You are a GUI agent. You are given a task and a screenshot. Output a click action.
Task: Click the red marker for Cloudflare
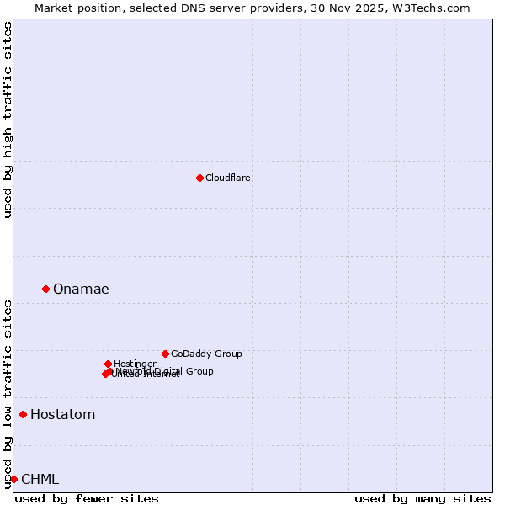[199, 178]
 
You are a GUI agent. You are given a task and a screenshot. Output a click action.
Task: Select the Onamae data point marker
[45, 289]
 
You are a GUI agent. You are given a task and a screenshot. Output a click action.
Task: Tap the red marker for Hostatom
[23, 414]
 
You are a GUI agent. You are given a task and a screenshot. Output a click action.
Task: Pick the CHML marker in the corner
[13, 479]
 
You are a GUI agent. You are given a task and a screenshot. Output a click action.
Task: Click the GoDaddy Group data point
[165, 353]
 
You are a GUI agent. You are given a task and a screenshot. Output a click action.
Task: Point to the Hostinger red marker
[108, 364]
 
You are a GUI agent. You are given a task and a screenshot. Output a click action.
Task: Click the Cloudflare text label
[228, 178]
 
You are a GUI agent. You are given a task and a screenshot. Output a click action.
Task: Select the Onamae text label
[81, 290]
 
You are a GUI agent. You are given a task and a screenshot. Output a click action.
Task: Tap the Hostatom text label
[63, 415]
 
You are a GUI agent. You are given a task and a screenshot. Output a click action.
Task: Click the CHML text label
[40, 480]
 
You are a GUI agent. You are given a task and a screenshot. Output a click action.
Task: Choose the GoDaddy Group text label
[206, 353]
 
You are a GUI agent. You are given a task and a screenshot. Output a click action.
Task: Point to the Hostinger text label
[135, 364]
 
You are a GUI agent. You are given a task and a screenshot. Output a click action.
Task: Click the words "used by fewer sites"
[87, 498]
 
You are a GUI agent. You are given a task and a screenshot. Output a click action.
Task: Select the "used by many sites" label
[423, 498]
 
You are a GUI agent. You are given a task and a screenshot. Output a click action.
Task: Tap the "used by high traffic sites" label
[8, 120]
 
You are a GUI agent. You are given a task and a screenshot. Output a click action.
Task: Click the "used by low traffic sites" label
[8, 393]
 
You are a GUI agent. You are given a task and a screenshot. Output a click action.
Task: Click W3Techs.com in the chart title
[434, 8]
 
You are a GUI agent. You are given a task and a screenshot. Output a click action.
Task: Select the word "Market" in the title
[54, 8]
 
